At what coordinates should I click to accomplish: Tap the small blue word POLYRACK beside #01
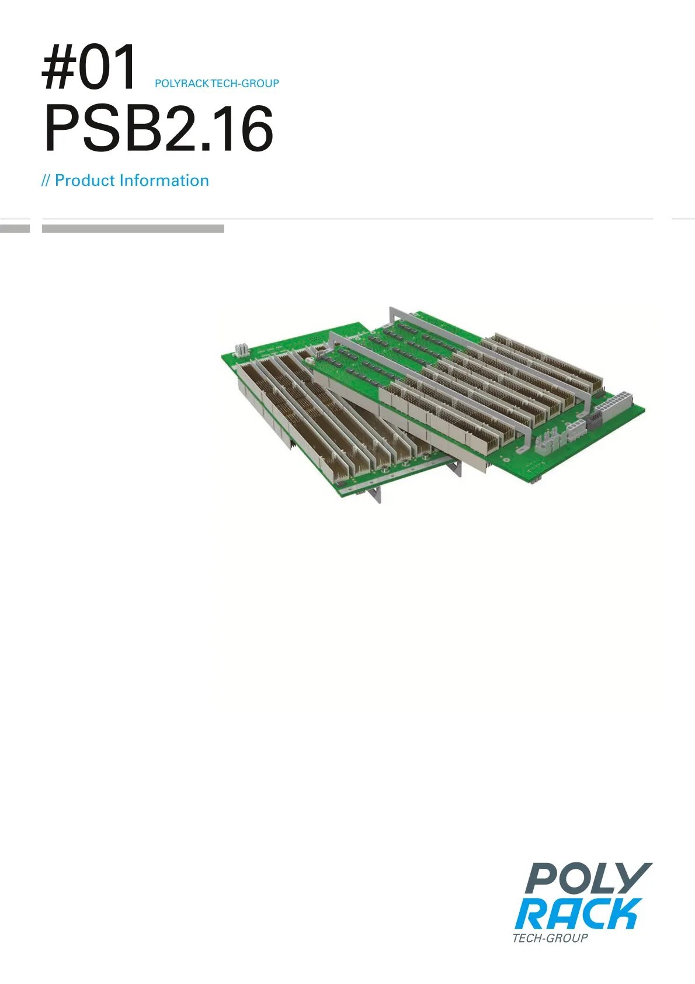(x=182, y=84)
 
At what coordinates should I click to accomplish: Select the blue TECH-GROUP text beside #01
(x=245, y=84)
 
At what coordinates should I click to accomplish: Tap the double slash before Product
(x=46, y=181)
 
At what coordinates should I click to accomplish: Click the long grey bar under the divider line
(x=133, y=229)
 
